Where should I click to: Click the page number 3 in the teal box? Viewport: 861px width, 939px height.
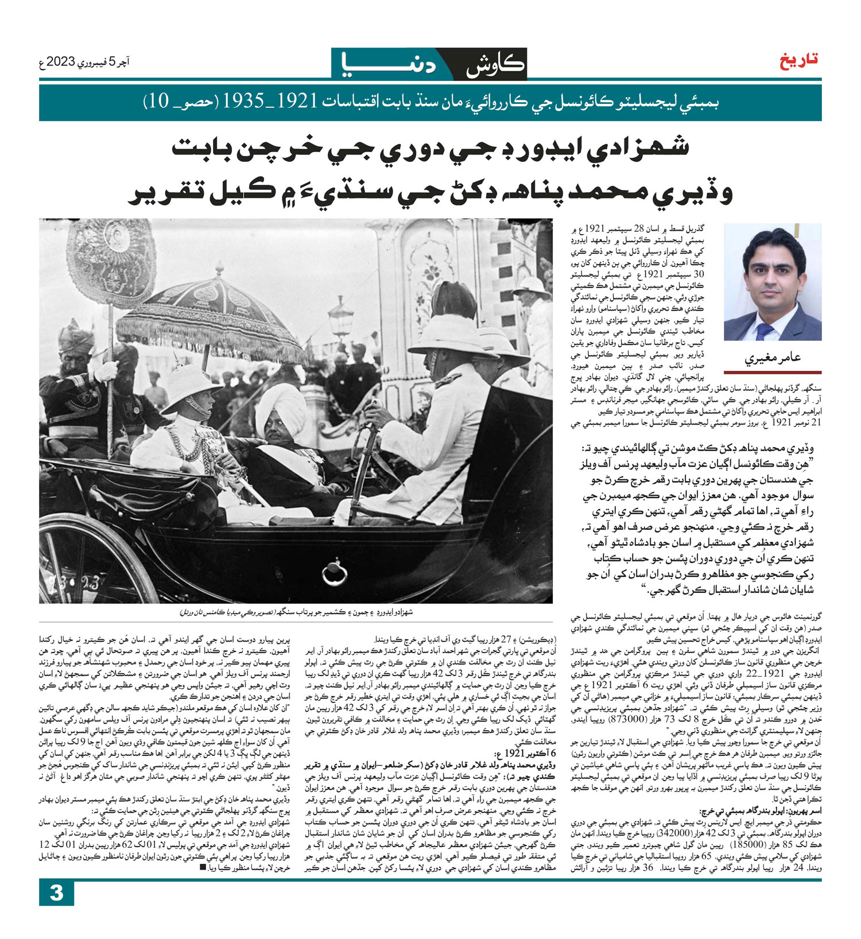[56, 909]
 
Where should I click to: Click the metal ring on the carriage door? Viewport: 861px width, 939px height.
[333, 572]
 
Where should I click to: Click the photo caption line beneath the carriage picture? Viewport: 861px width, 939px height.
[296, 612]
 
